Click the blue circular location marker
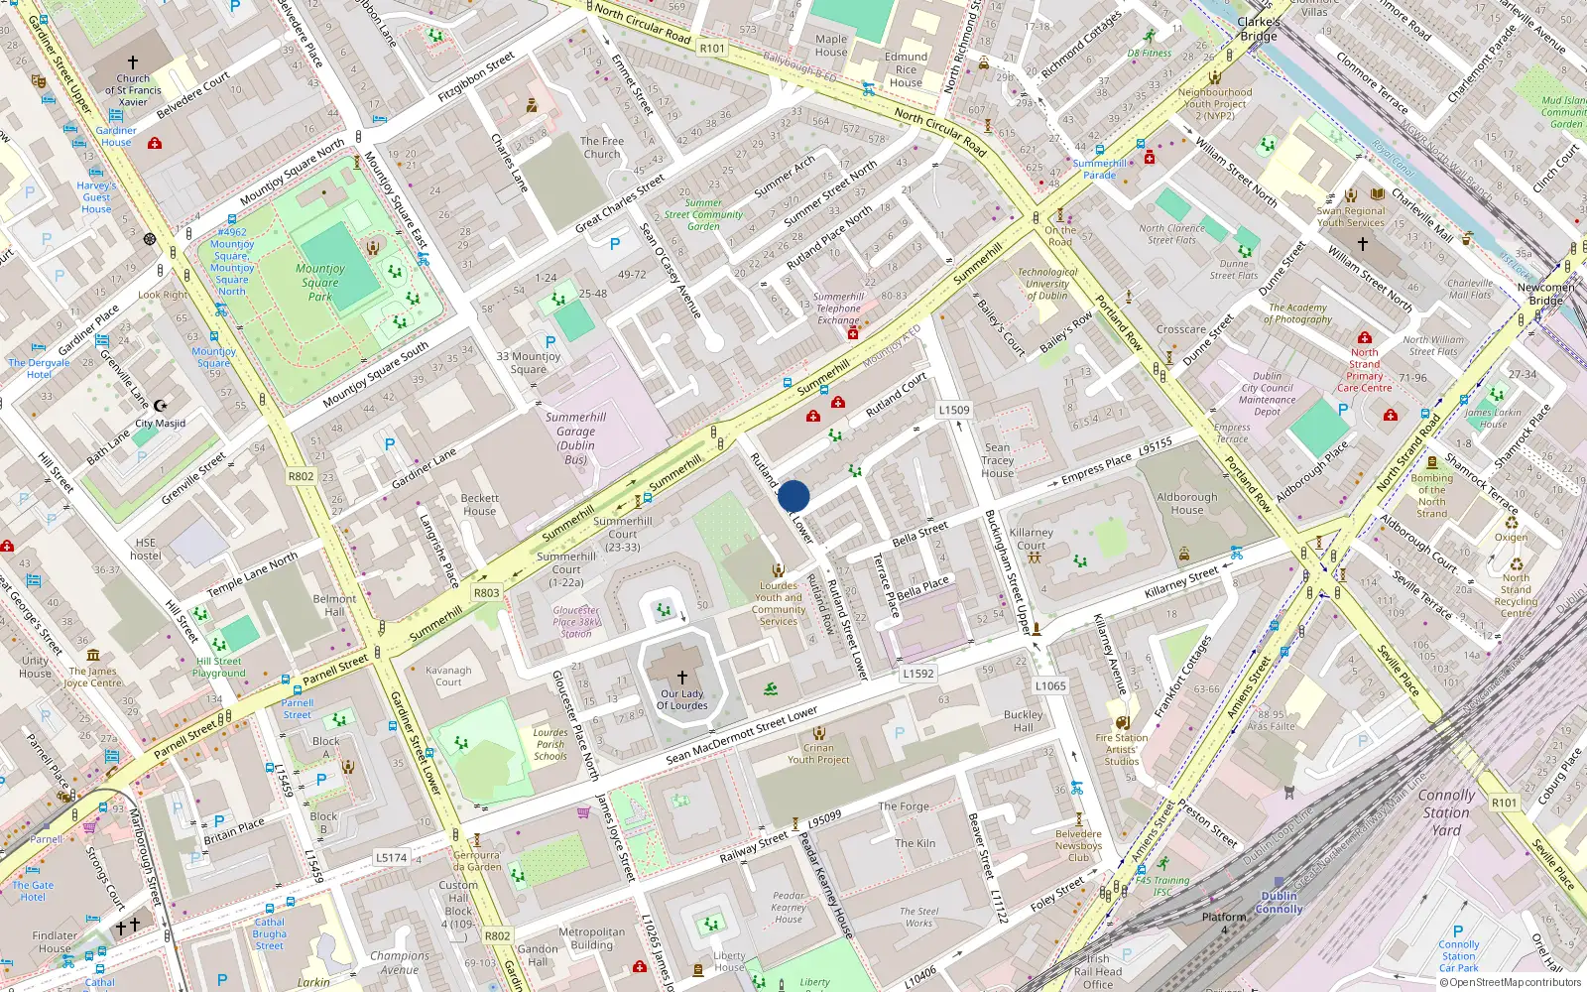tap(793, 496)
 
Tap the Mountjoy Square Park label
tap(320, 282)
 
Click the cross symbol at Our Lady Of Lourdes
tap(682, 678)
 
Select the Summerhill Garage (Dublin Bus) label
tap(575, 437)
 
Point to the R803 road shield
tap(486, 592)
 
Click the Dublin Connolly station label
tap(1279, 902)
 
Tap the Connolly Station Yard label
tap(1445, 811)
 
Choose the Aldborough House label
tap(1186, 503)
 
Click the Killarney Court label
tap(1031, 539)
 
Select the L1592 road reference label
tap(917, 673)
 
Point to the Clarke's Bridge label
tap(1258, 29)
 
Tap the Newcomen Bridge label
tap(1544, 294)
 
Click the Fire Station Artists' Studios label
tap(1122, 749)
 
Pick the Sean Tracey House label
tap(998, 460)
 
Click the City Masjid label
tap(160, 423)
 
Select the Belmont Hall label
tap(334, 605)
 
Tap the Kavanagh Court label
tap(448, 676)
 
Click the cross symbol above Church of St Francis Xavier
tap(133, 62)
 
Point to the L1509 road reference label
tap(954, 410)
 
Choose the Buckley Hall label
tap(1023, 720)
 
